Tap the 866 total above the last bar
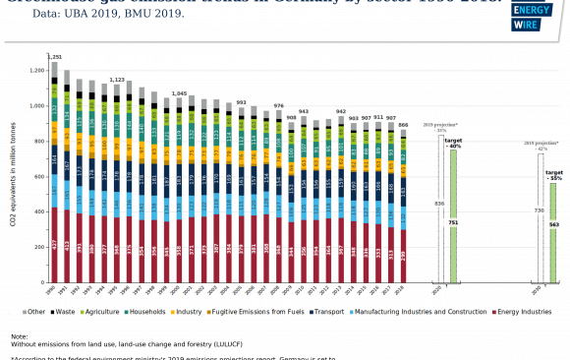pyautogui.click(x=403, y=126)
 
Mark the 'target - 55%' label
pyautogui.click(x=554, y=176)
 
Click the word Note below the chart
pyautogui.click(x=20, y=336)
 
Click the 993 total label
pyautogui.click(x=241, y=102)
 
